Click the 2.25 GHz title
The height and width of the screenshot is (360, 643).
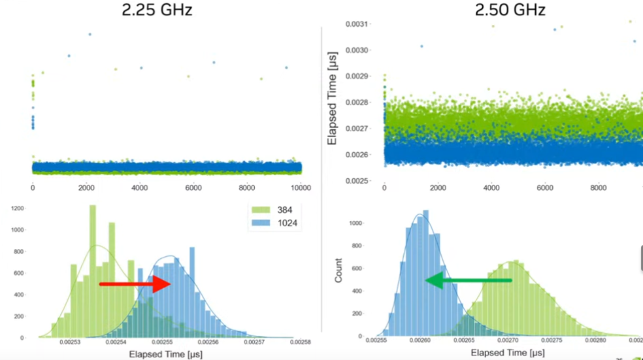tap(157, 10)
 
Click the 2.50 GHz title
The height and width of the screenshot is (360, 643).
tap(510, 10)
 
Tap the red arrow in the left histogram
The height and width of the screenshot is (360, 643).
tap(135, 284)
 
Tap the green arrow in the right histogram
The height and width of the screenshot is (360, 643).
tap(468, 281)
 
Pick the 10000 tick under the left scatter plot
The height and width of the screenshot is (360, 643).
tap(300, 188)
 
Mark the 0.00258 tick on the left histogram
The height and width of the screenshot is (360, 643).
tap(301, 341)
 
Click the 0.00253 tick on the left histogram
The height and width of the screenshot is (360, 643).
tap(71, 341)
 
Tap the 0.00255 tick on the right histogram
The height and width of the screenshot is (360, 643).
tap(376, 340)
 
